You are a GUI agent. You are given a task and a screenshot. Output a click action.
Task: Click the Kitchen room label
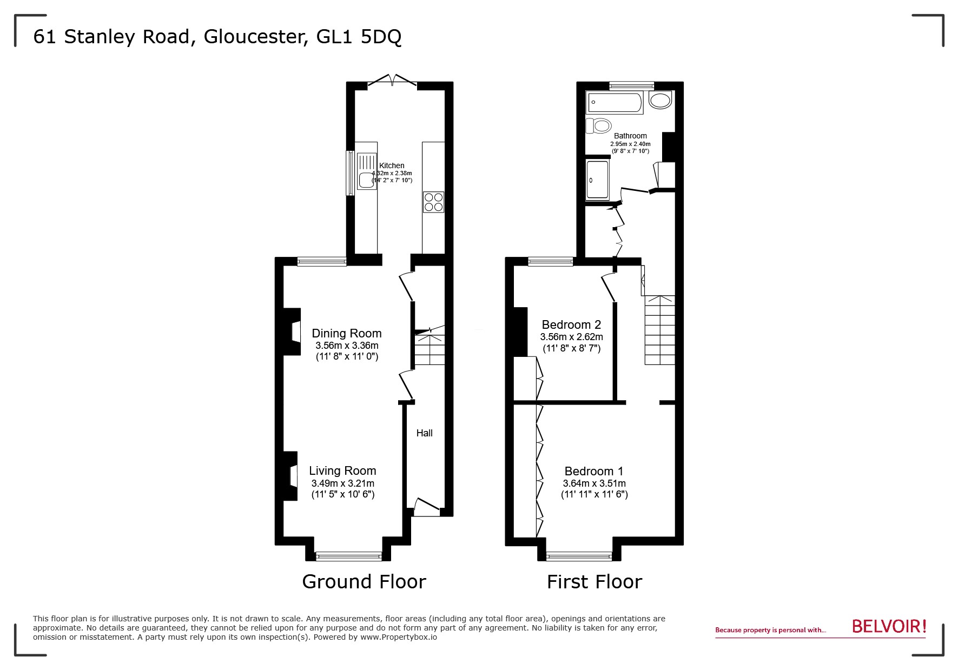pos(392,165)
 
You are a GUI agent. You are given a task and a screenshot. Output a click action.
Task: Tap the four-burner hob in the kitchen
pos(433,202)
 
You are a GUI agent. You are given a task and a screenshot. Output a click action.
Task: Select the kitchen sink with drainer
pos(366,171)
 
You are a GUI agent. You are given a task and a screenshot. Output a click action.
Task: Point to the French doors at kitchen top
pos(392,82)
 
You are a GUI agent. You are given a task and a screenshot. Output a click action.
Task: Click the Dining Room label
pos(346,333)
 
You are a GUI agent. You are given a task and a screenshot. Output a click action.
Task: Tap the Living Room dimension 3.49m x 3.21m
pos(342,483)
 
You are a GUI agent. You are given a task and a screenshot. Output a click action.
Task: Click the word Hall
pos(424,433)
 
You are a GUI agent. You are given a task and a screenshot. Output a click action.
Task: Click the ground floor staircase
pos(430,348)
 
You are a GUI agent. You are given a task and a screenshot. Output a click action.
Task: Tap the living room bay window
pos(349,556)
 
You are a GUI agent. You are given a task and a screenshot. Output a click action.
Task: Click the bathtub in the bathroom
pos(614,102)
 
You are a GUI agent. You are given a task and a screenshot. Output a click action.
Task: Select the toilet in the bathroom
pos(598,125)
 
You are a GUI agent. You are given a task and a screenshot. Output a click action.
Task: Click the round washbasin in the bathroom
pos(660,100)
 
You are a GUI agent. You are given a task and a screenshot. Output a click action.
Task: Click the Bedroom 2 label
pos(571,324)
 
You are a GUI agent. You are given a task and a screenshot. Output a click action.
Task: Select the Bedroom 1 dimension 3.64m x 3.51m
pos(594,483)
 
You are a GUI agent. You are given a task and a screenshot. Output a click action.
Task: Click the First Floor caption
pos(594,582)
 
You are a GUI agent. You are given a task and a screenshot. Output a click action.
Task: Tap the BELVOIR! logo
pos(889,627)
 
